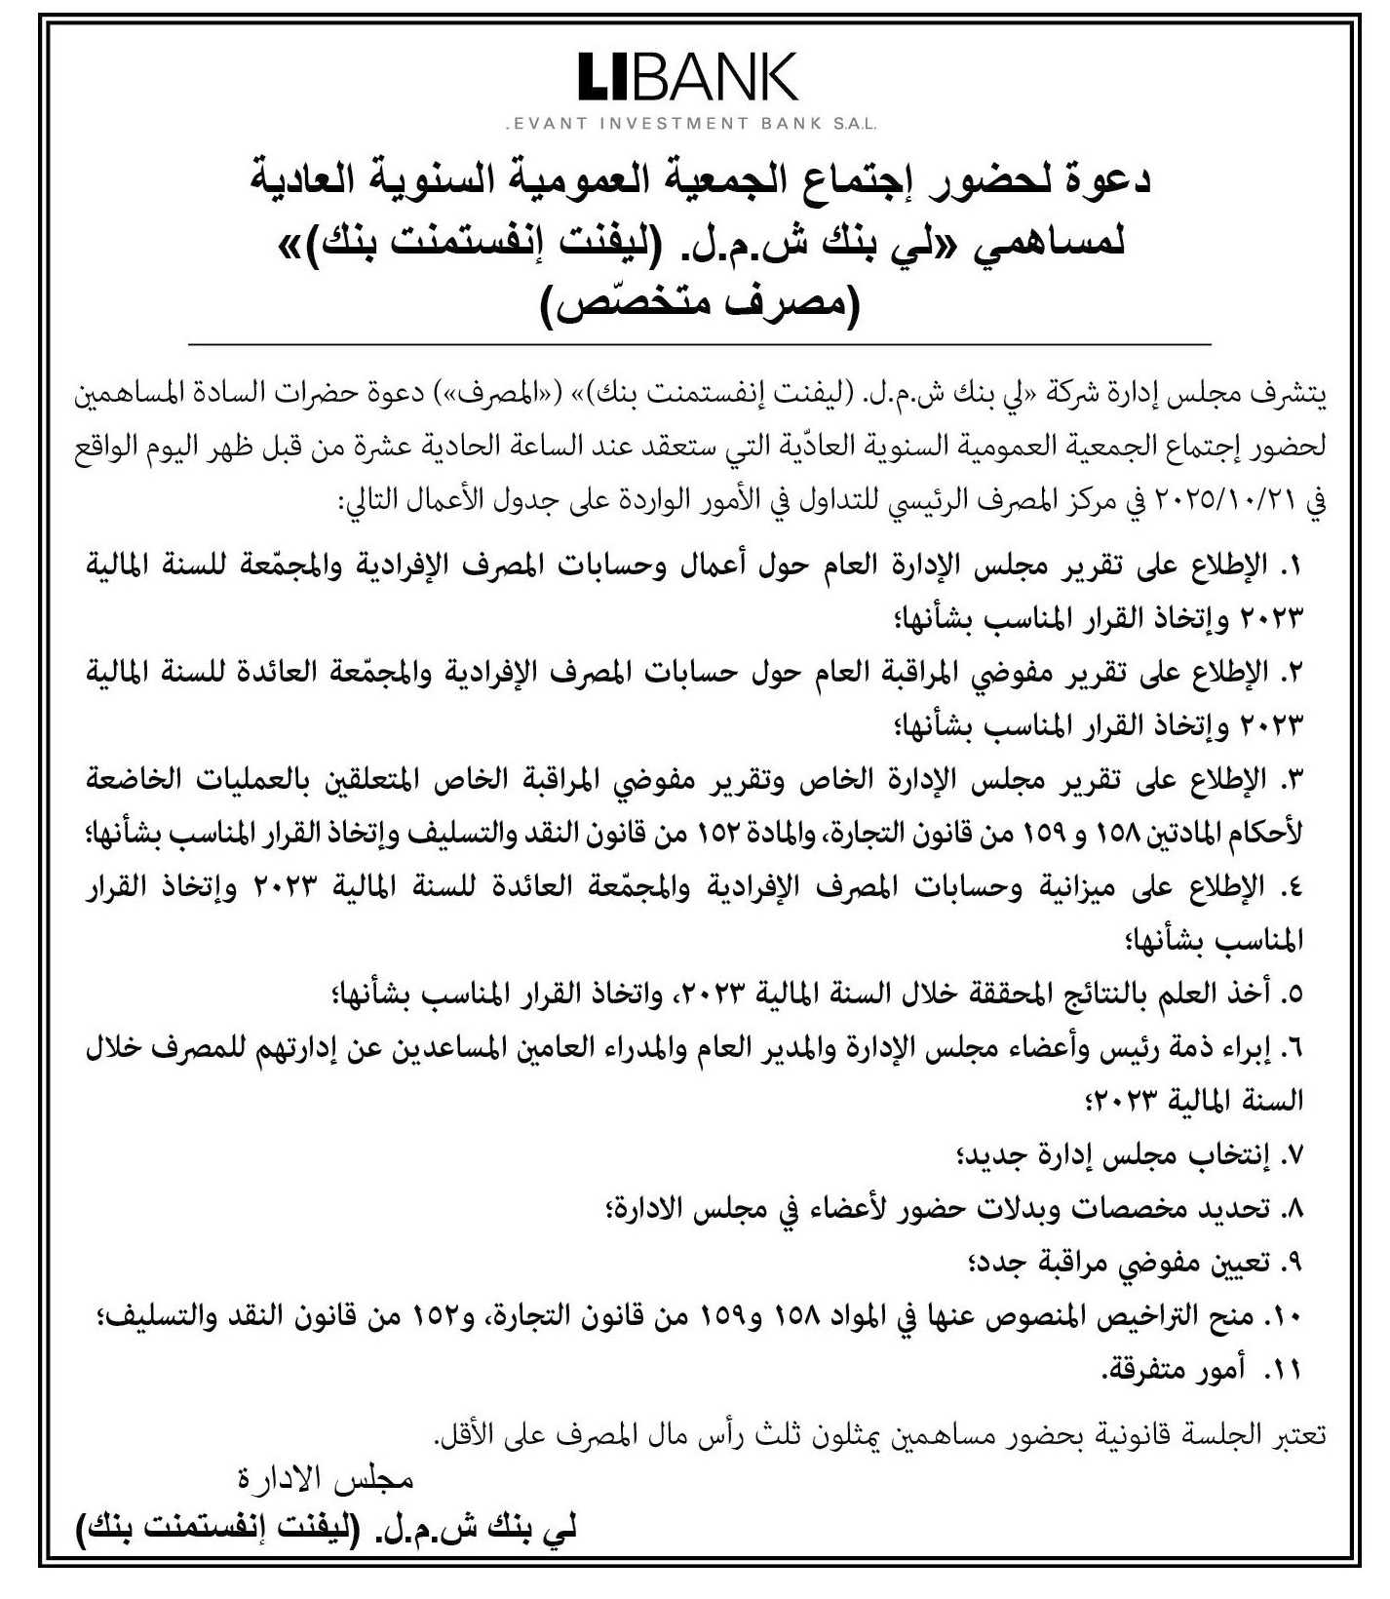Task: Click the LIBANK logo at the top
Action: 688,78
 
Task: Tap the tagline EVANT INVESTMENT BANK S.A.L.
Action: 690,124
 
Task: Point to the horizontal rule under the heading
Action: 698,346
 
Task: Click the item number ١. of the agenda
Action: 1291,565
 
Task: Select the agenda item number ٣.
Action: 1291,779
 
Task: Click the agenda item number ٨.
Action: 1292,1209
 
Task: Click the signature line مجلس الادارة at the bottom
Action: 327,1480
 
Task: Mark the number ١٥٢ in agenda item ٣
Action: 720,834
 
